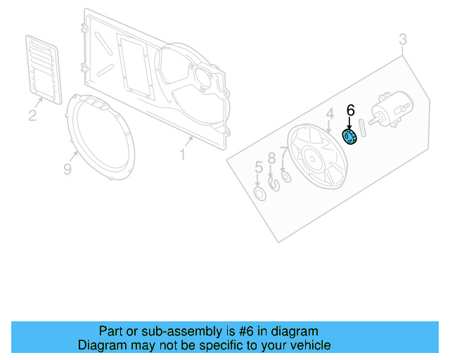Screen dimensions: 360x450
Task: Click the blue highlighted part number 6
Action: (349, 137)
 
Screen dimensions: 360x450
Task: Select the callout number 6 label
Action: (351, 110)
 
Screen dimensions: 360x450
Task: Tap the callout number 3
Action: (403, 39)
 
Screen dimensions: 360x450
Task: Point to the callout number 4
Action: (329, 114)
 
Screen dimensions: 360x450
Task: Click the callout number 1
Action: (182, 153)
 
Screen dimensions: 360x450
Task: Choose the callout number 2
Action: (32, 115)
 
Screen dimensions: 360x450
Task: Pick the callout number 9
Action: (67, 169)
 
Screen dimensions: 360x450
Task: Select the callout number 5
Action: (258, 168)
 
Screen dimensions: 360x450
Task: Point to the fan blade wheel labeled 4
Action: (319, 155)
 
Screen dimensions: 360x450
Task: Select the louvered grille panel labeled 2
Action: (43, 66)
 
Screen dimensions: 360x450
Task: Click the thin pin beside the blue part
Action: (363, 131)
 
